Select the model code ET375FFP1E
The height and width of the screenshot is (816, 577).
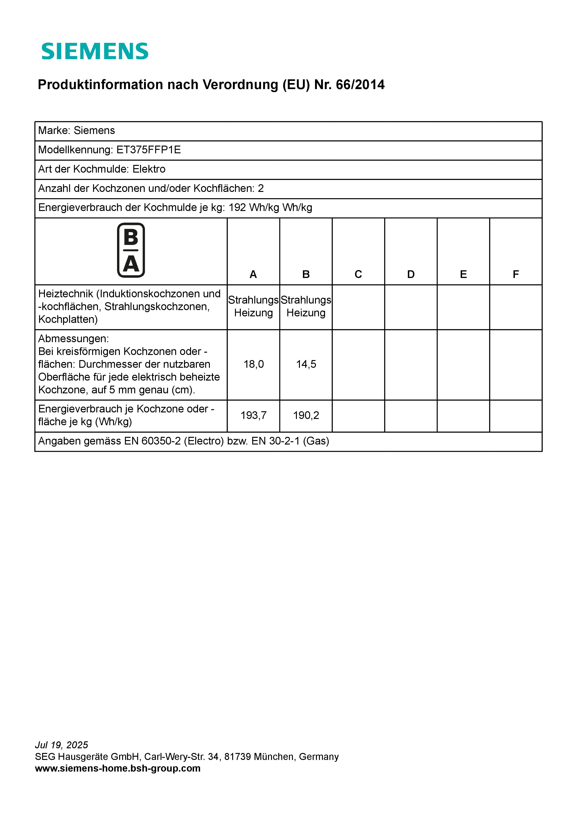point(149,150)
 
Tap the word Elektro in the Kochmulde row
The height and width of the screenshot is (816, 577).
point(149,169)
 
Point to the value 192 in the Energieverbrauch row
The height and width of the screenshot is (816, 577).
point(237,207)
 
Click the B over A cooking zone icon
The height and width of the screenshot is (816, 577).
point(131,250)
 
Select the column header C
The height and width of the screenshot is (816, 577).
point(358,274)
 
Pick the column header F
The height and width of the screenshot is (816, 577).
point(516,274)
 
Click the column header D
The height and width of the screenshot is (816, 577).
point(411,274)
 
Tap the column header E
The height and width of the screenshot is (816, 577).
point(463,274)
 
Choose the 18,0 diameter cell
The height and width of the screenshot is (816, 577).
point(253,364)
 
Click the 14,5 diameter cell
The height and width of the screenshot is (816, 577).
point(306,364)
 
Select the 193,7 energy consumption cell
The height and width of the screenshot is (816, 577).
point(253,415)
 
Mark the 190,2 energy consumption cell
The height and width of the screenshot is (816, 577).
point(306,415)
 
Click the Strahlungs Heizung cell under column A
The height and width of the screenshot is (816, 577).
point(253,306)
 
